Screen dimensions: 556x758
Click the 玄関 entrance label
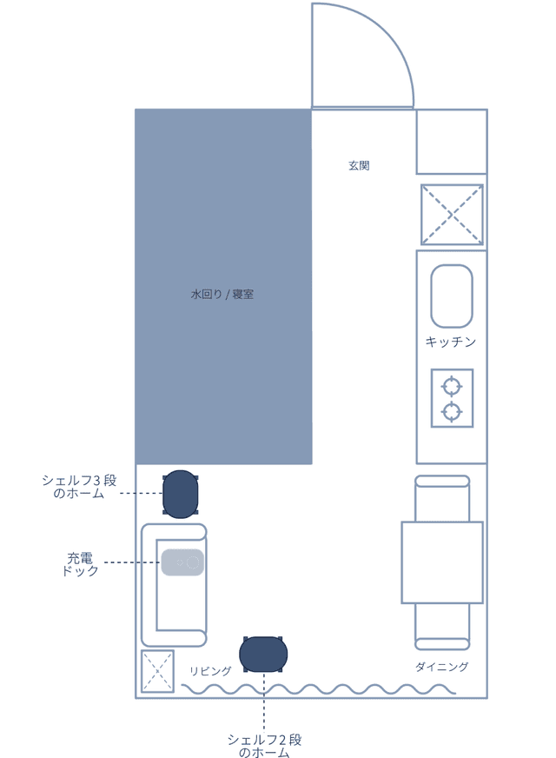click(x=359, y=166)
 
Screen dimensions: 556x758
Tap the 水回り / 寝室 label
click(x=222, y=294)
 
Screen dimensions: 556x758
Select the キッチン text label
click(x=451, y=342)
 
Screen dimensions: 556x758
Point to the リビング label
click(x=210, y=671)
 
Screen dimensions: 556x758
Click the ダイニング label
click(x=441, y=667)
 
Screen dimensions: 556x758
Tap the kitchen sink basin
click(x=451, y=296)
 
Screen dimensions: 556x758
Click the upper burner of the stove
click(x=452, y=387)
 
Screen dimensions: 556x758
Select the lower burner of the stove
click(x=452, y=411)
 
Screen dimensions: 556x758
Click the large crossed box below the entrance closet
click(x=452, y=215)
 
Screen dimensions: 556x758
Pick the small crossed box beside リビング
click(x=157, y=671)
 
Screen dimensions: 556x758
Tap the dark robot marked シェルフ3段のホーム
click(x=180, y=494)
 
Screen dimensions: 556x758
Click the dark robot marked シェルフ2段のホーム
click(x=263, y=654)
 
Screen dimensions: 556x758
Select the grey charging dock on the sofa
click(x=182, y=562)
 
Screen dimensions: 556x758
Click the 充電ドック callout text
click(x=80, y=564)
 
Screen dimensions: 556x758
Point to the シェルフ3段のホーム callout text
click(x=79, y=486)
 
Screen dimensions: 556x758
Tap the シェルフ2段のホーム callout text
click(x=264, y=746)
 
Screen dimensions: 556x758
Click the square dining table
click(x=442, y=562)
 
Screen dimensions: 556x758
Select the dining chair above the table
click(x=442, y=498)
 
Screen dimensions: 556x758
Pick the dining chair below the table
click(x=442, y=627)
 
